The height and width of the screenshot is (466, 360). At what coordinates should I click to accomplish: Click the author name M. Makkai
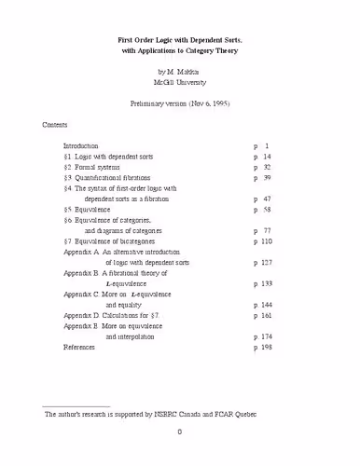185,71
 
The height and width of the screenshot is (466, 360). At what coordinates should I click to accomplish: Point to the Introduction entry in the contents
83,146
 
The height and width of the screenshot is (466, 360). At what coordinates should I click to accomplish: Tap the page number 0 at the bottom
179,457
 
